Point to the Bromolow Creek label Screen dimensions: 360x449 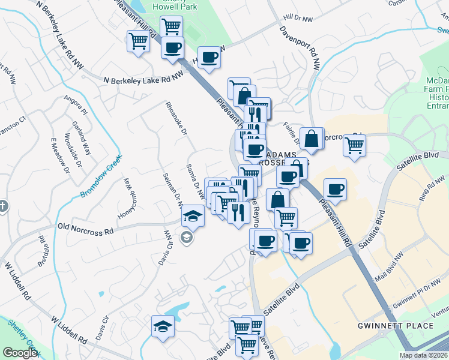(100, 177)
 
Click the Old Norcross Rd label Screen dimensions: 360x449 (85, 229)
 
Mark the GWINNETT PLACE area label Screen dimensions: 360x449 (395, 326)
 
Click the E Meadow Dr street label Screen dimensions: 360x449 (55, 154)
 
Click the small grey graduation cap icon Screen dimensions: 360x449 (187, 238)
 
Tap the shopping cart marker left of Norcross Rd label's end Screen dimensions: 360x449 (355, 145)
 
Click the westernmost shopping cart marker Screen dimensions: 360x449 (137, 42)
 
